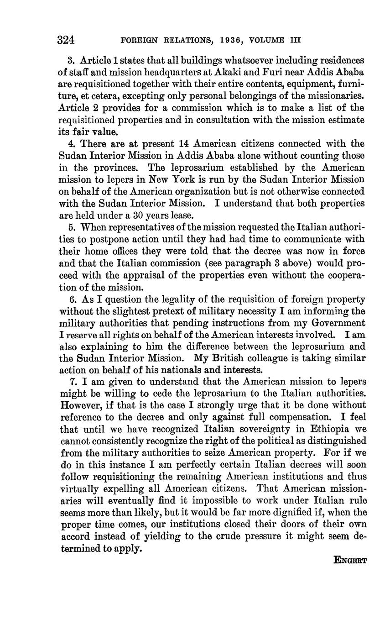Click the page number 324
(x=66, y=40)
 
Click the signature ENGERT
(x=350, y=560)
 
